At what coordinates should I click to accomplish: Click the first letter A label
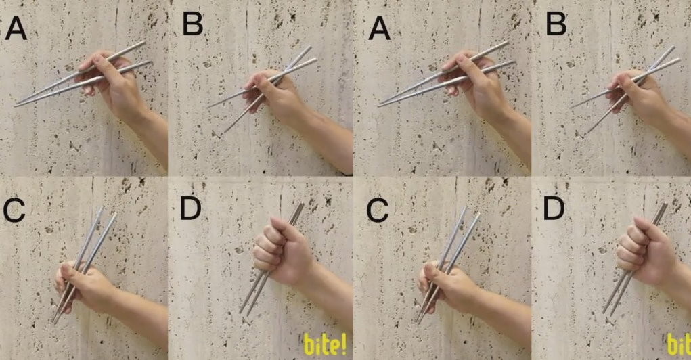[16, 29]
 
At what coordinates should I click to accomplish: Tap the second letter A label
[380, 29]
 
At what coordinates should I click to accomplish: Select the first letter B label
[193, 24]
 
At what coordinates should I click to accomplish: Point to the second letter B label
[556, 24]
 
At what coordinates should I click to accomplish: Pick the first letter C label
[14, 210]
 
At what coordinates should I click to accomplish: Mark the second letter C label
[378, 210]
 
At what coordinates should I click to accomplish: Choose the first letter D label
[190, 208]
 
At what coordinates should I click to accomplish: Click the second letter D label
[554, 208]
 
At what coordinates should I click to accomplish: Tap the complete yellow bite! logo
[326, 344]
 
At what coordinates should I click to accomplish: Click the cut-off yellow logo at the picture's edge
[679, 344]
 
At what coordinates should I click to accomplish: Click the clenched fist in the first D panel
[282, 251]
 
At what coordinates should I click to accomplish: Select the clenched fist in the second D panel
[646, 251]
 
